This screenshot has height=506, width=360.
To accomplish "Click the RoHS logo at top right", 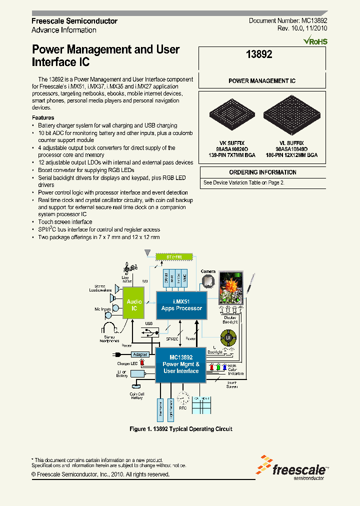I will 315,40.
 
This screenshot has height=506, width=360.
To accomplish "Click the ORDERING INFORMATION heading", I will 262,172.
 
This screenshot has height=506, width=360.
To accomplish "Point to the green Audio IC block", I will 134,305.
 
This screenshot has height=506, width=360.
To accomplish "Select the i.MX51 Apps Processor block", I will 181,305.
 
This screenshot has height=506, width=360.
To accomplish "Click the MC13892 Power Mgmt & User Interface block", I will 181,364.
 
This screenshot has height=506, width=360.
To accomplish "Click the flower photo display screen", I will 230,287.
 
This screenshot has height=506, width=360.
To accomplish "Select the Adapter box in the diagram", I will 141,353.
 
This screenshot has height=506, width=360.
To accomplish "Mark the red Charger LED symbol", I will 143,362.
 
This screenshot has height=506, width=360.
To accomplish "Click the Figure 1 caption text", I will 180,429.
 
